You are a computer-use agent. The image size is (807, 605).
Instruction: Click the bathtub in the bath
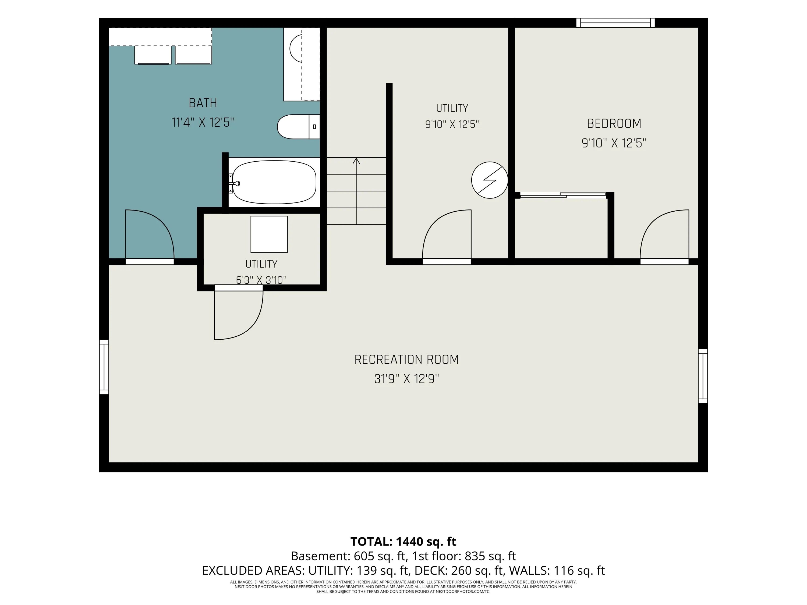pos(274,182)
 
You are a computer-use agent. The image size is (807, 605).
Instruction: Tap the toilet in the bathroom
pos(298,127)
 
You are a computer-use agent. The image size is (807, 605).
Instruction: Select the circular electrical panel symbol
pos(490,180)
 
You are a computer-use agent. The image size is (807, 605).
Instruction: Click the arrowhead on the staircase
pos(356,161)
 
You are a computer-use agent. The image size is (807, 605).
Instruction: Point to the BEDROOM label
pos(614,124)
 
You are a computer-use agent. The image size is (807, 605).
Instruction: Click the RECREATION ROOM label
pos(406,360)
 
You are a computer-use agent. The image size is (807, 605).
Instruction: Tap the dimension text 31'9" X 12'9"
pos(406,379)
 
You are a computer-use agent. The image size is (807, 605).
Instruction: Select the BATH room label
pos(203,103)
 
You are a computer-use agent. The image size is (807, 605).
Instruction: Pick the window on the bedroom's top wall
pos(615,23)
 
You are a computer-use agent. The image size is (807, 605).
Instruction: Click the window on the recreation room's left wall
pos(104,367)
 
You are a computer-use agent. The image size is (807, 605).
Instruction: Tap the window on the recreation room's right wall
pos(703,376)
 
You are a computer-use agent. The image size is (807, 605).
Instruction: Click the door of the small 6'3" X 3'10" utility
pos(239,314)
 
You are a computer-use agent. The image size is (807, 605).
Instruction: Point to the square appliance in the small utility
pos(269,234)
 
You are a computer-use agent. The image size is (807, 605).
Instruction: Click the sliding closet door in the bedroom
pos(563,195)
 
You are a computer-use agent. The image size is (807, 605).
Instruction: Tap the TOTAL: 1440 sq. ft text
pos(403,542)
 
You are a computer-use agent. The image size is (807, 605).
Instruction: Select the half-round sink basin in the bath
pos(296,48)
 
